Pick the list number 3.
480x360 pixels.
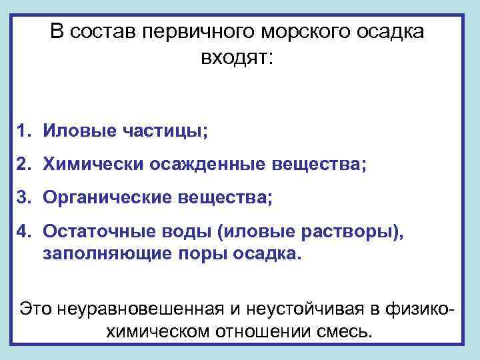click(24, 197)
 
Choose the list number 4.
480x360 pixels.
click(24, 231)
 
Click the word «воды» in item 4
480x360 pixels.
click(177, 231)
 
